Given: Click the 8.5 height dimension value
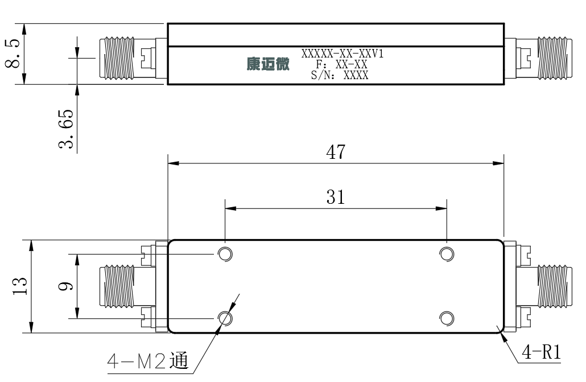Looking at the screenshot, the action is point(13,54).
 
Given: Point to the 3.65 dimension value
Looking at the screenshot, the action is point(66,129).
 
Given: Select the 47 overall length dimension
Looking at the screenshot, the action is point(336,152).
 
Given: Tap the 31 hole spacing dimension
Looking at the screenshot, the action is point(335,197).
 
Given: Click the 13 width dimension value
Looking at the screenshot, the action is point(20,286).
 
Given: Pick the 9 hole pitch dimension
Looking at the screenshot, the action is point(66,286).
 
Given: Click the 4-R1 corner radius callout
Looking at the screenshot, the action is point(542,352).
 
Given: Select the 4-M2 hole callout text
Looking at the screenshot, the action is point(148,361).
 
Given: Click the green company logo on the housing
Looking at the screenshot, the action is point(268,64).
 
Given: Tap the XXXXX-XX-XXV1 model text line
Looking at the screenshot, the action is point(342,54).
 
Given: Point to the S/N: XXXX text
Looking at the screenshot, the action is point(339,75).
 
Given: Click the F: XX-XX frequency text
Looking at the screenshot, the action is point(341,64).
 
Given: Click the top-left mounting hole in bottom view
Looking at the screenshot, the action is point(225,254).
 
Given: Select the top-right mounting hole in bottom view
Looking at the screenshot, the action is point(447,254).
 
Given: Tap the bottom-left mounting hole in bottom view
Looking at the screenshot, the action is point(225,319).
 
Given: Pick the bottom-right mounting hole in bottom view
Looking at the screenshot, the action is point(447,319).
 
